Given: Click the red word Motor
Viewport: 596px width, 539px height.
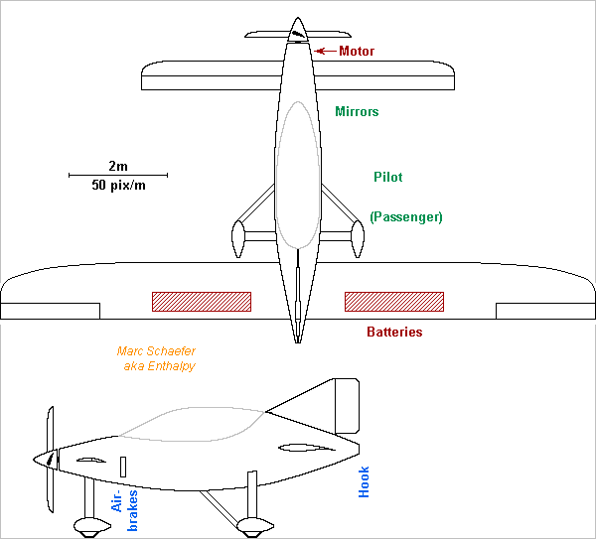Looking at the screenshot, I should [x=357, y=51].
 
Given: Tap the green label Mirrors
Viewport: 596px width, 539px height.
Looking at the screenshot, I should [x=357, y=112].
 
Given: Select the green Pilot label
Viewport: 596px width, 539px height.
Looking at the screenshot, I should [x=387, y=177].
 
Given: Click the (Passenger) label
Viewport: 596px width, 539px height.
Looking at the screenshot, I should [x=405, y=216].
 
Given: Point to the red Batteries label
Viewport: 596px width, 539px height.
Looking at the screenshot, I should [x=394, y=332].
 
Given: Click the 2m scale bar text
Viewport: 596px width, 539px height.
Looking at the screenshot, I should [x=117, y=165].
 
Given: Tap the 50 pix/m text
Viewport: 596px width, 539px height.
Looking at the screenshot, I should [x=117, y=185].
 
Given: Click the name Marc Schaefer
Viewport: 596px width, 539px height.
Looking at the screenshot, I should [x=156, y=351].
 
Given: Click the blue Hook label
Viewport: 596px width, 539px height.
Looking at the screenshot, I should [x=364, y=481].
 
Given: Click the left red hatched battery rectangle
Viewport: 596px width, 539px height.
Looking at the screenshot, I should [x=201, y=301].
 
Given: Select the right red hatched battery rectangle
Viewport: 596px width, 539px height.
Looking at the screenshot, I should [x=393, y=301].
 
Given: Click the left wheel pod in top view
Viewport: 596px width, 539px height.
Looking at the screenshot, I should [x=238, y=237].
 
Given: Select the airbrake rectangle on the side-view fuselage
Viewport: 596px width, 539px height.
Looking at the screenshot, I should [x=123, y=466].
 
